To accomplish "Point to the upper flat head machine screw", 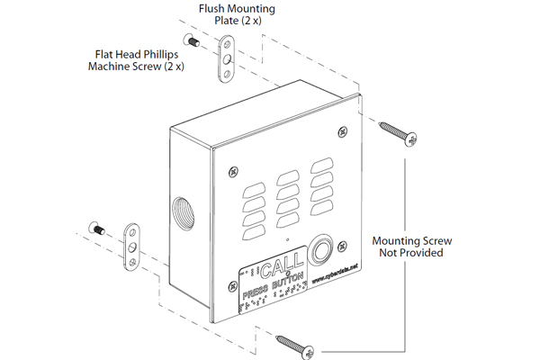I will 192,40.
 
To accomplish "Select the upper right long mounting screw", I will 396,131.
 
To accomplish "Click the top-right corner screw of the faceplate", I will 342,132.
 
